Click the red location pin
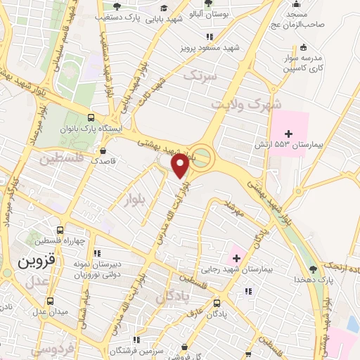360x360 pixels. [180, 167]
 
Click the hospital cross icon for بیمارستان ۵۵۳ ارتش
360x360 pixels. [288, 133]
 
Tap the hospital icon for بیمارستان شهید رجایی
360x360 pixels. [236, 257]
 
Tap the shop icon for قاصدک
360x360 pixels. [103, 150]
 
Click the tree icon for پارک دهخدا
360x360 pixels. [313, 269]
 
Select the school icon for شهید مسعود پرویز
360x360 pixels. [209, 37]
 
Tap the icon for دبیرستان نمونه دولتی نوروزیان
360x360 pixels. [98, 252]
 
